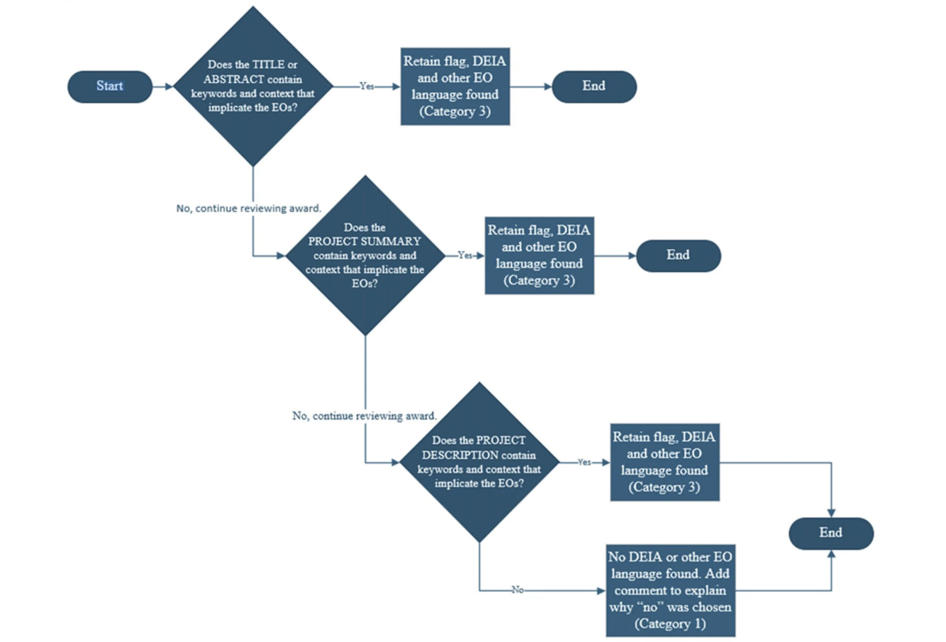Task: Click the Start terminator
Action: coord(110,87)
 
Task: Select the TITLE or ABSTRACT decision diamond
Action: coord(253,86)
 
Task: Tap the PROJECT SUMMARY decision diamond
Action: coord(365,255)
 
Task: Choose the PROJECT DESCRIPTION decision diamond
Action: coord(479,462)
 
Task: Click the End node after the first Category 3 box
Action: coord(594,87)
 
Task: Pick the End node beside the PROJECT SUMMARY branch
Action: coord(678,256)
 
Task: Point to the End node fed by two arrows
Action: coord(831,533)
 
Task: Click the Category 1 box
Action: coord(670,590)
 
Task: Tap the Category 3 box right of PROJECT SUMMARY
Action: coord(540,255)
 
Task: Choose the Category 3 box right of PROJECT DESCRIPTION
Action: coord(665,462)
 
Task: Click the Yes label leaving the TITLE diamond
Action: coord(366,86)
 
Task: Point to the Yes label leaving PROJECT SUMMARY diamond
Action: coord(465,255)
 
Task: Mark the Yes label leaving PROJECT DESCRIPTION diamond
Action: coord(584,462)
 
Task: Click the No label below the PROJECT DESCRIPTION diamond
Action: coord(517,590)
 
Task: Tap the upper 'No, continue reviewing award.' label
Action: coord(249,208)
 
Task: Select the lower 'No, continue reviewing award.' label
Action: coord(364,416)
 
